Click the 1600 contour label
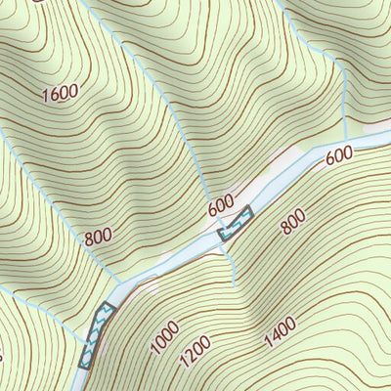(x=61, y=94)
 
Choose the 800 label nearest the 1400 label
(x=293, y=223)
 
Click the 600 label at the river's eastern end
(x=338, y=155)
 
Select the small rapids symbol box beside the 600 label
(x=236, y=224)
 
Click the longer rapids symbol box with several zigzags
(x=96, y=335)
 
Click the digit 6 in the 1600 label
(x=56, y=96)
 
